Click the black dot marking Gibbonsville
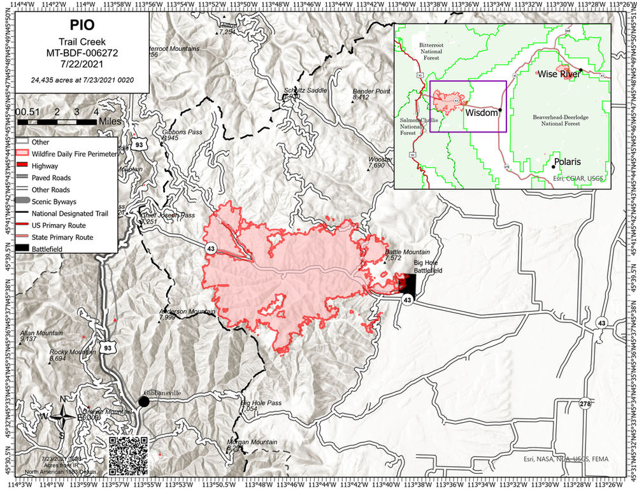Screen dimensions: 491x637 click(144, 401)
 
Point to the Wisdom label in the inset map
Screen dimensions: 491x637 click(482, 113)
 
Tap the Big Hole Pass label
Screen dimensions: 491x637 click(261, 403)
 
